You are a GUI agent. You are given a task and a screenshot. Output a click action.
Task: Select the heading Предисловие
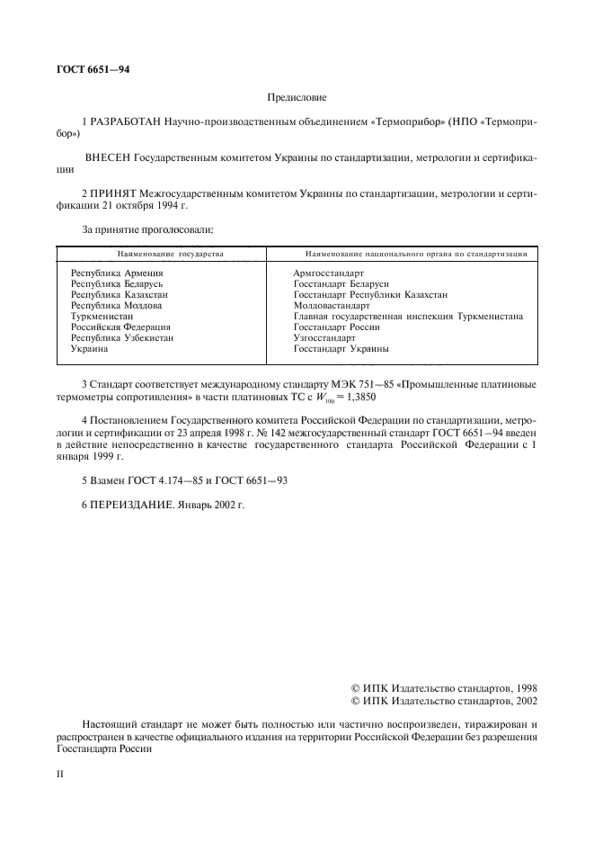(297, 96)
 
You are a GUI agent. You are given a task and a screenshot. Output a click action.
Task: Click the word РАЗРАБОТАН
(125, 120)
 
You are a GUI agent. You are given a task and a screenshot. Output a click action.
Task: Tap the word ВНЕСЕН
(108, 157)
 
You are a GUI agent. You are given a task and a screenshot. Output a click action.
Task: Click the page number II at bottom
(60, 773)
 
